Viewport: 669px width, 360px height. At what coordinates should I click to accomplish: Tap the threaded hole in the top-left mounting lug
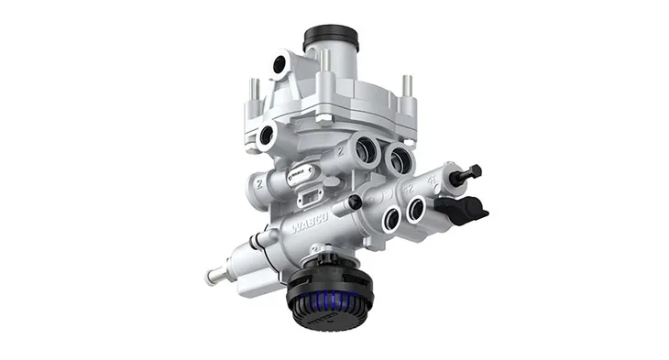pyautogui.click(x=277, y=65)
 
